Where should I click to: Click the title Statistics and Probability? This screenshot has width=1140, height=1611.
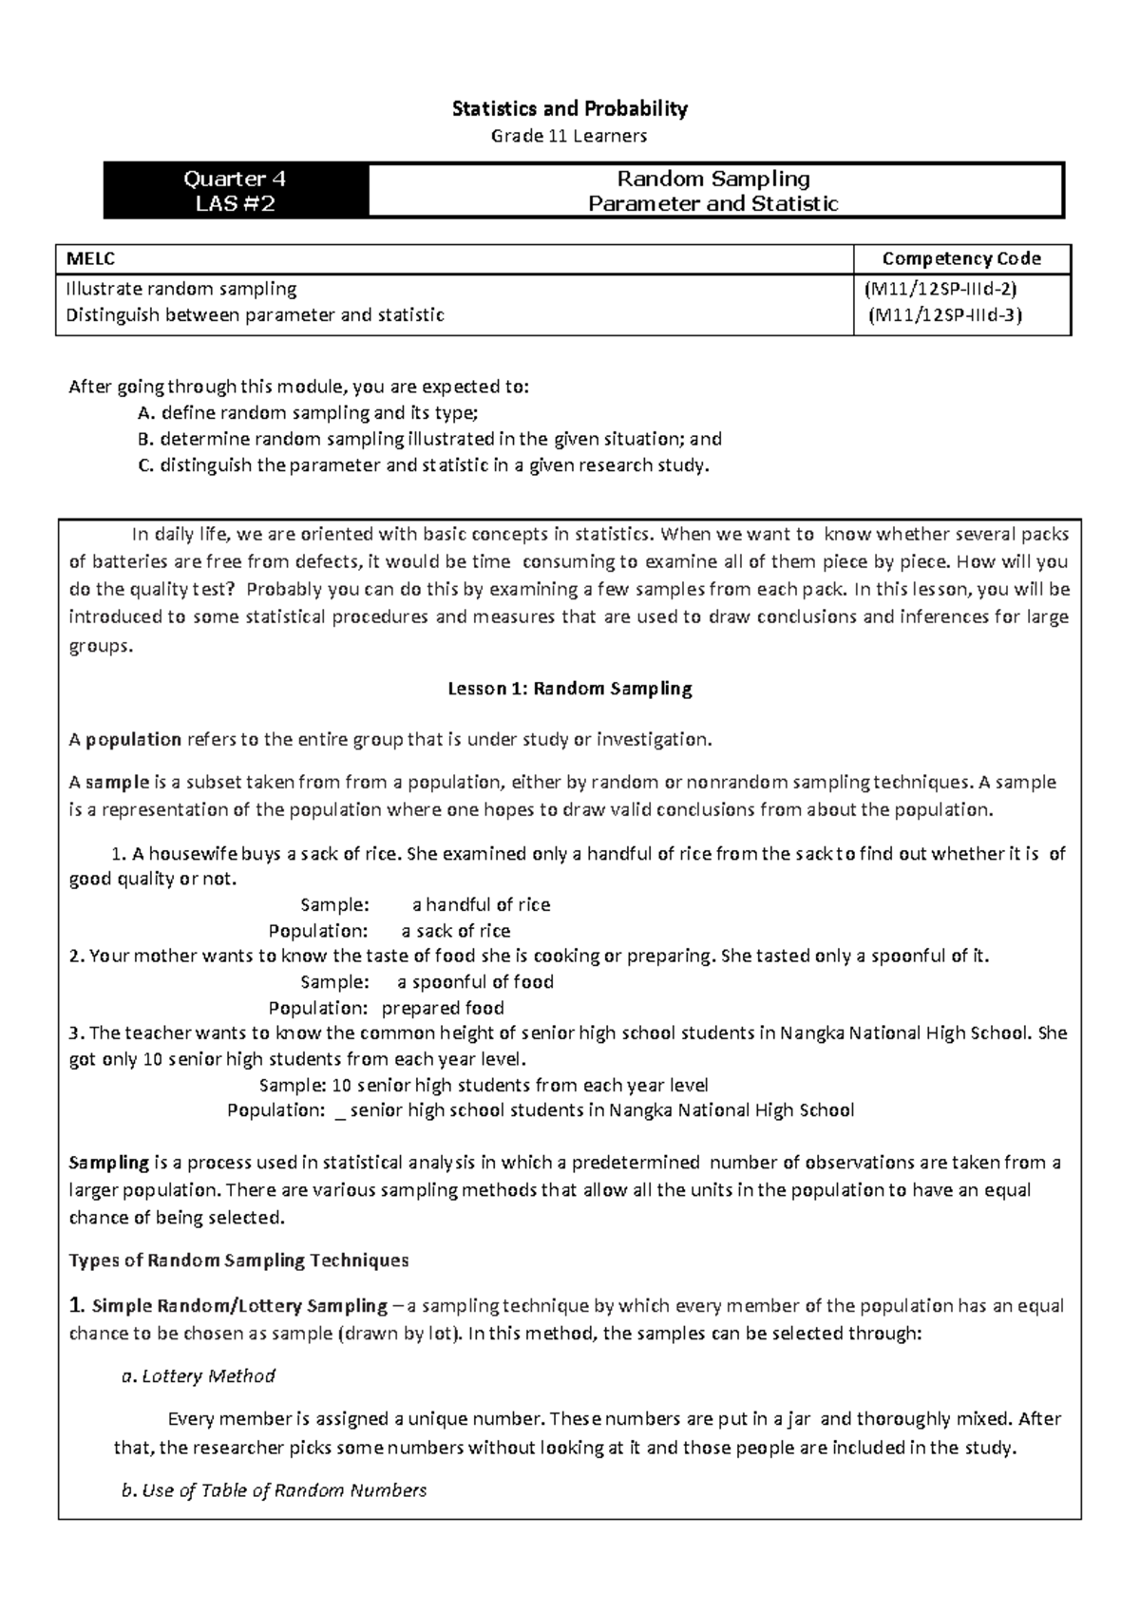569,109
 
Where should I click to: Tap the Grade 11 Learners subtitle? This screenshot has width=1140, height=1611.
568,136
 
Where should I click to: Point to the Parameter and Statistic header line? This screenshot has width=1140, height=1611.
713,203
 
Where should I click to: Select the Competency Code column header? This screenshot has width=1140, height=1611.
961,258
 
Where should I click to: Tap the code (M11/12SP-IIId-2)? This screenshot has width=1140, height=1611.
940,288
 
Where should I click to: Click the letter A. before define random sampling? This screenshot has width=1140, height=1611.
145,413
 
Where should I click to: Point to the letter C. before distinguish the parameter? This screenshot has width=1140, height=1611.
145,465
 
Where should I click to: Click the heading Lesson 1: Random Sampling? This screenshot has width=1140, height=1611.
569,689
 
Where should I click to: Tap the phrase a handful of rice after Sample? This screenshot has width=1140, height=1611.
481,905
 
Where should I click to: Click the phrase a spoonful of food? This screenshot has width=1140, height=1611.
475,982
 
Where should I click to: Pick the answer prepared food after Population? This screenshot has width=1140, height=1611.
443,1008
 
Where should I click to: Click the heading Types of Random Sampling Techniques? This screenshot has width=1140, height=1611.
238,1260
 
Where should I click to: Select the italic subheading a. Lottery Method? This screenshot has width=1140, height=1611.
199,1375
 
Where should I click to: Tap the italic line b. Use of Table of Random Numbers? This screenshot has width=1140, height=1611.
274,1490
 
